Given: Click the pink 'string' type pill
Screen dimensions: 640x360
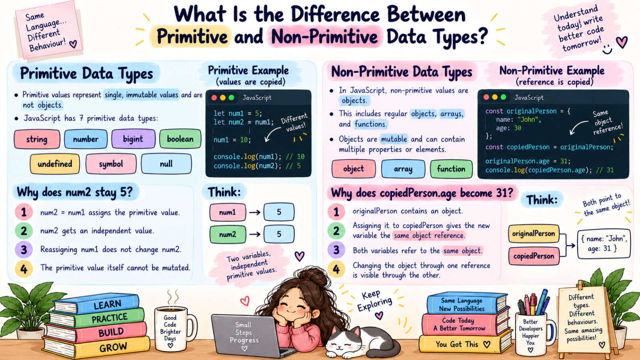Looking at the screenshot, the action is tap(37, 139).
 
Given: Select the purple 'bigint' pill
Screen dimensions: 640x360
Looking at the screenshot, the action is tap(133, 139).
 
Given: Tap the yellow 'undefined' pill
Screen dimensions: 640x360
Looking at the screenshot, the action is tap(55, 164).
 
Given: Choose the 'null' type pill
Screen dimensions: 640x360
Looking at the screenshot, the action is tap(166, 164).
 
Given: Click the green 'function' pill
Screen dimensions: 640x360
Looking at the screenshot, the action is tap(451, 169).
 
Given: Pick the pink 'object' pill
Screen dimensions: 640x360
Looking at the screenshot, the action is tap(354, 169).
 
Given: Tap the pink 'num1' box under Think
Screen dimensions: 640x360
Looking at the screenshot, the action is tap(228, 212).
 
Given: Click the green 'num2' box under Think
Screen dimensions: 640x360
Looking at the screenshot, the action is tap(228, 234).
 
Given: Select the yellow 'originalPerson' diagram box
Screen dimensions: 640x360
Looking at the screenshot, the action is tap(534, 234).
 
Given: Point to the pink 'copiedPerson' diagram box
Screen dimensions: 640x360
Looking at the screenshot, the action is tap(534, 256).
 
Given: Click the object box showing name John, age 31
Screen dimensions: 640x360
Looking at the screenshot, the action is tap(604, 244).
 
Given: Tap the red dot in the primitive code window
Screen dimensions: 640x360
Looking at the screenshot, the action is tap(214, 98).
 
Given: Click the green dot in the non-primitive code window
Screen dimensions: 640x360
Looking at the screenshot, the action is tap(504, 97).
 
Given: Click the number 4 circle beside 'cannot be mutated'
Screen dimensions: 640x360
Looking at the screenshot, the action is tap(24, 269).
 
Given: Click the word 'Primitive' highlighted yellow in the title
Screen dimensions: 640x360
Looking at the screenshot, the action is tap(192, 37).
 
